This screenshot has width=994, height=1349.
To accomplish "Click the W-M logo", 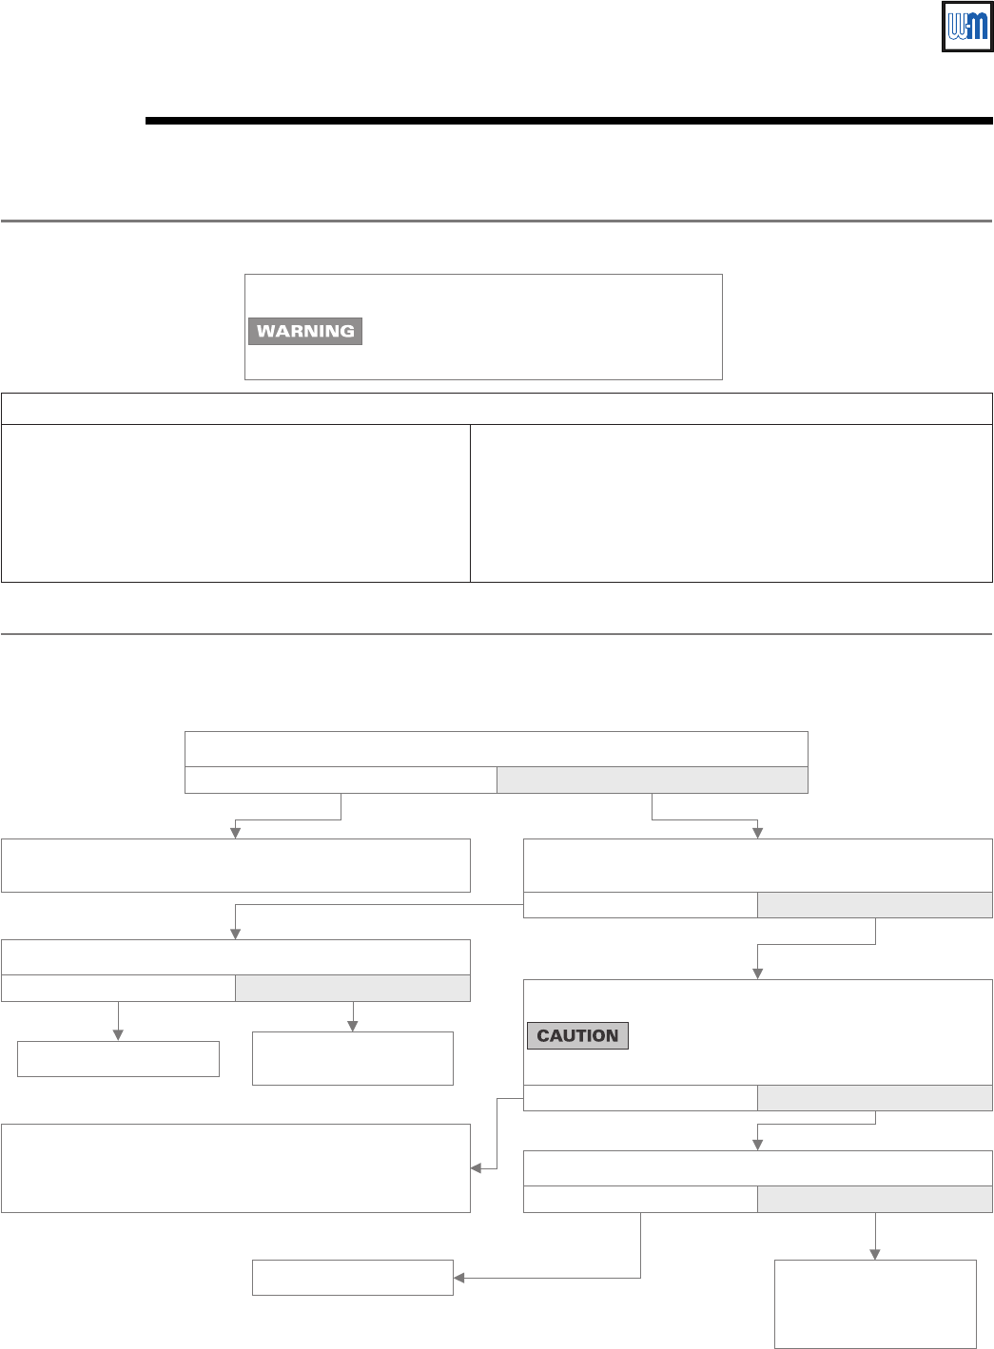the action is [x=966, y=27].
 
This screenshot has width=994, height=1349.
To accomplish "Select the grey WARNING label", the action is [x=305, y=331].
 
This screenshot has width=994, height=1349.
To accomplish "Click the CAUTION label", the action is [x=577, y=1035].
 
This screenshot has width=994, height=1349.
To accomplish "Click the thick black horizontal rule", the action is [x=569, y=121].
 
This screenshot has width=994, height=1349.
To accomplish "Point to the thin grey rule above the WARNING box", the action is [x=497, y=221].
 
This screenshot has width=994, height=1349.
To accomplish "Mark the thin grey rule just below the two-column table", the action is [x=497, y=633].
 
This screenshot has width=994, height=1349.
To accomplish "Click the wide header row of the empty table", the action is [x=497, y=409].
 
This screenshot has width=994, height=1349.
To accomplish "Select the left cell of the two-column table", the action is [x=236, y=503].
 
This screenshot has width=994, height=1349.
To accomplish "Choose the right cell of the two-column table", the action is [x=731, y=503].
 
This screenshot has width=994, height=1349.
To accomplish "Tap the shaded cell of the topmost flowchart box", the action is [x=652, y=780].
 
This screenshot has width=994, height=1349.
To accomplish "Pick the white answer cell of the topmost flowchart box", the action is [x=341, y=780].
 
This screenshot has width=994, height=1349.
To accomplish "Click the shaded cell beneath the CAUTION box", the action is [x=874, y=1098].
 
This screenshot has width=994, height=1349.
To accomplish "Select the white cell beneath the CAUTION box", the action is [x=640, y=1098].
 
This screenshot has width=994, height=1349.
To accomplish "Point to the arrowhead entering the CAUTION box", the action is [x=758, y=973].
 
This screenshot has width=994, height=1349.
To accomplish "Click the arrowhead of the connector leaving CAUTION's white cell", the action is [x=477, y=1168].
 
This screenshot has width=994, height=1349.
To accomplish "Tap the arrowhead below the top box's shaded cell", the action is [x=758, y=833].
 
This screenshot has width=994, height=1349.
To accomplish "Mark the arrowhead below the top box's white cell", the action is [x=236, y=833].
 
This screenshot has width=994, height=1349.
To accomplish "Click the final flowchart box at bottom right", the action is [x=875, y=1303].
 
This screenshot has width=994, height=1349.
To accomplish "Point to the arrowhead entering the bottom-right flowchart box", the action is [x=875, y=1254].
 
